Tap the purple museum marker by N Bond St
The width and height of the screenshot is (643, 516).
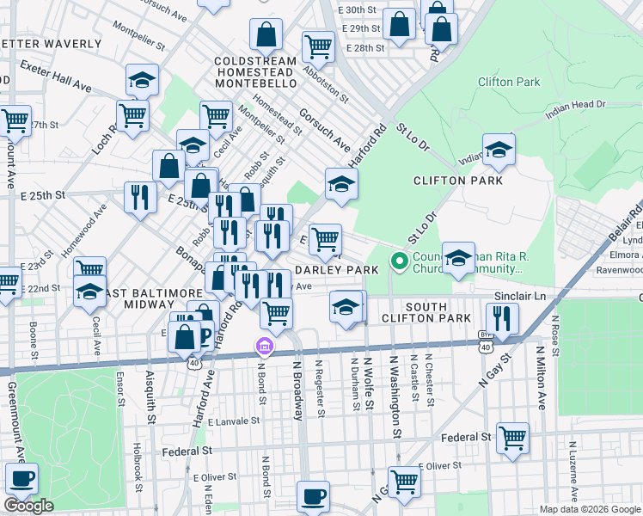click(265, 347)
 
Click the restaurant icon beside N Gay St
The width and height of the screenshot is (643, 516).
click(501, 319)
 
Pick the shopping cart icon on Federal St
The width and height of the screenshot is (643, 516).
click(512, 438)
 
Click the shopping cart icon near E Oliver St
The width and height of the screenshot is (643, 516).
click(403, 481)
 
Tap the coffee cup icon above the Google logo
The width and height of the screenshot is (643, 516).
click(21, 477)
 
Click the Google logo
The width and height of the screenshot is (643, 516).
click(28, 506)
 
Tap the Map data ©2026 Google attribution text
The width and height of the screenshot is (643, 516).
click(589, 509)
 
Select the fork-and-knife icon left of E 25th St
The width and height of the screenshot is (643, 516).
click(139, 198)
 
